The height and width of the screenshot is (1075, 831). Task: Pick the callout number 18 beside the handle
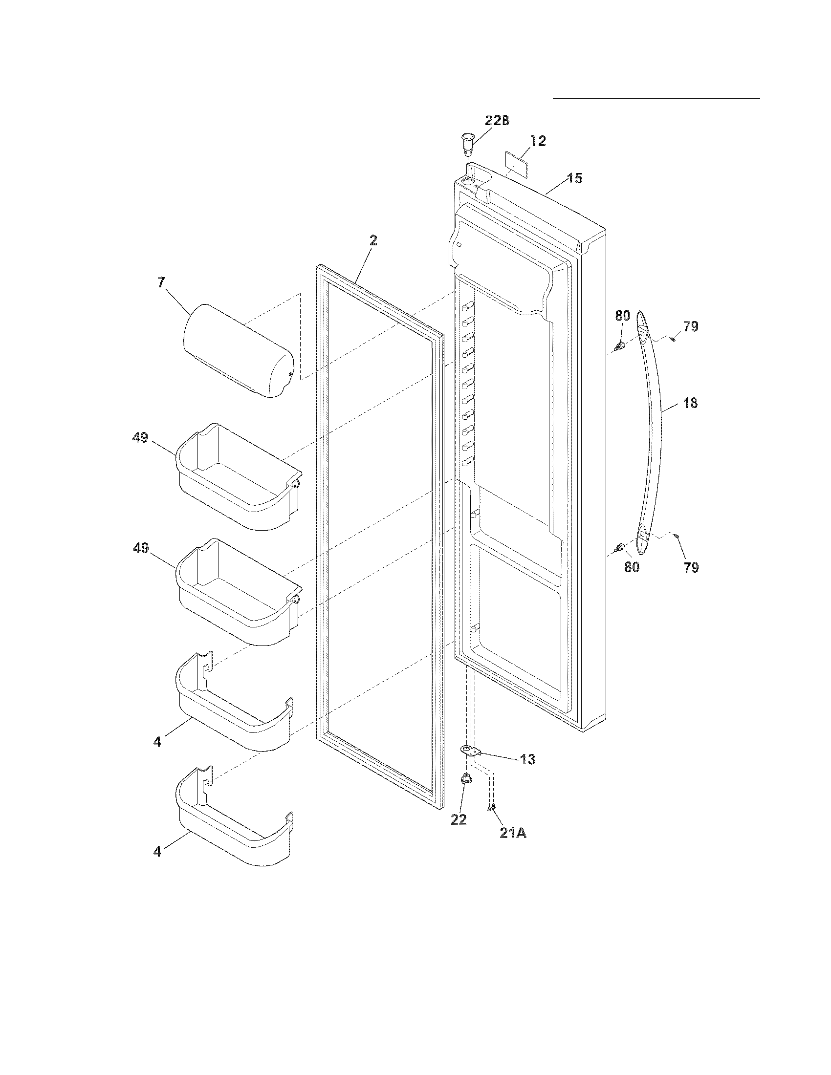pos(690,403)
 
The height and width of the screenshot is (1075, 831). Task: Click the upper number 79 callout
pos(691,326)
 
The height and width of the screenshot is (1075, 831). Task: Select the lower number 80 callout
pos(632,567)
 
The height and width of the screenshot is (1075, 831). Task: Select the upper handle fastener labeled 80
pos(620,346)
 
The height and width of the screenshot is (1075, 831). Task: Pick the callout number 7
pos(161,282)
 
